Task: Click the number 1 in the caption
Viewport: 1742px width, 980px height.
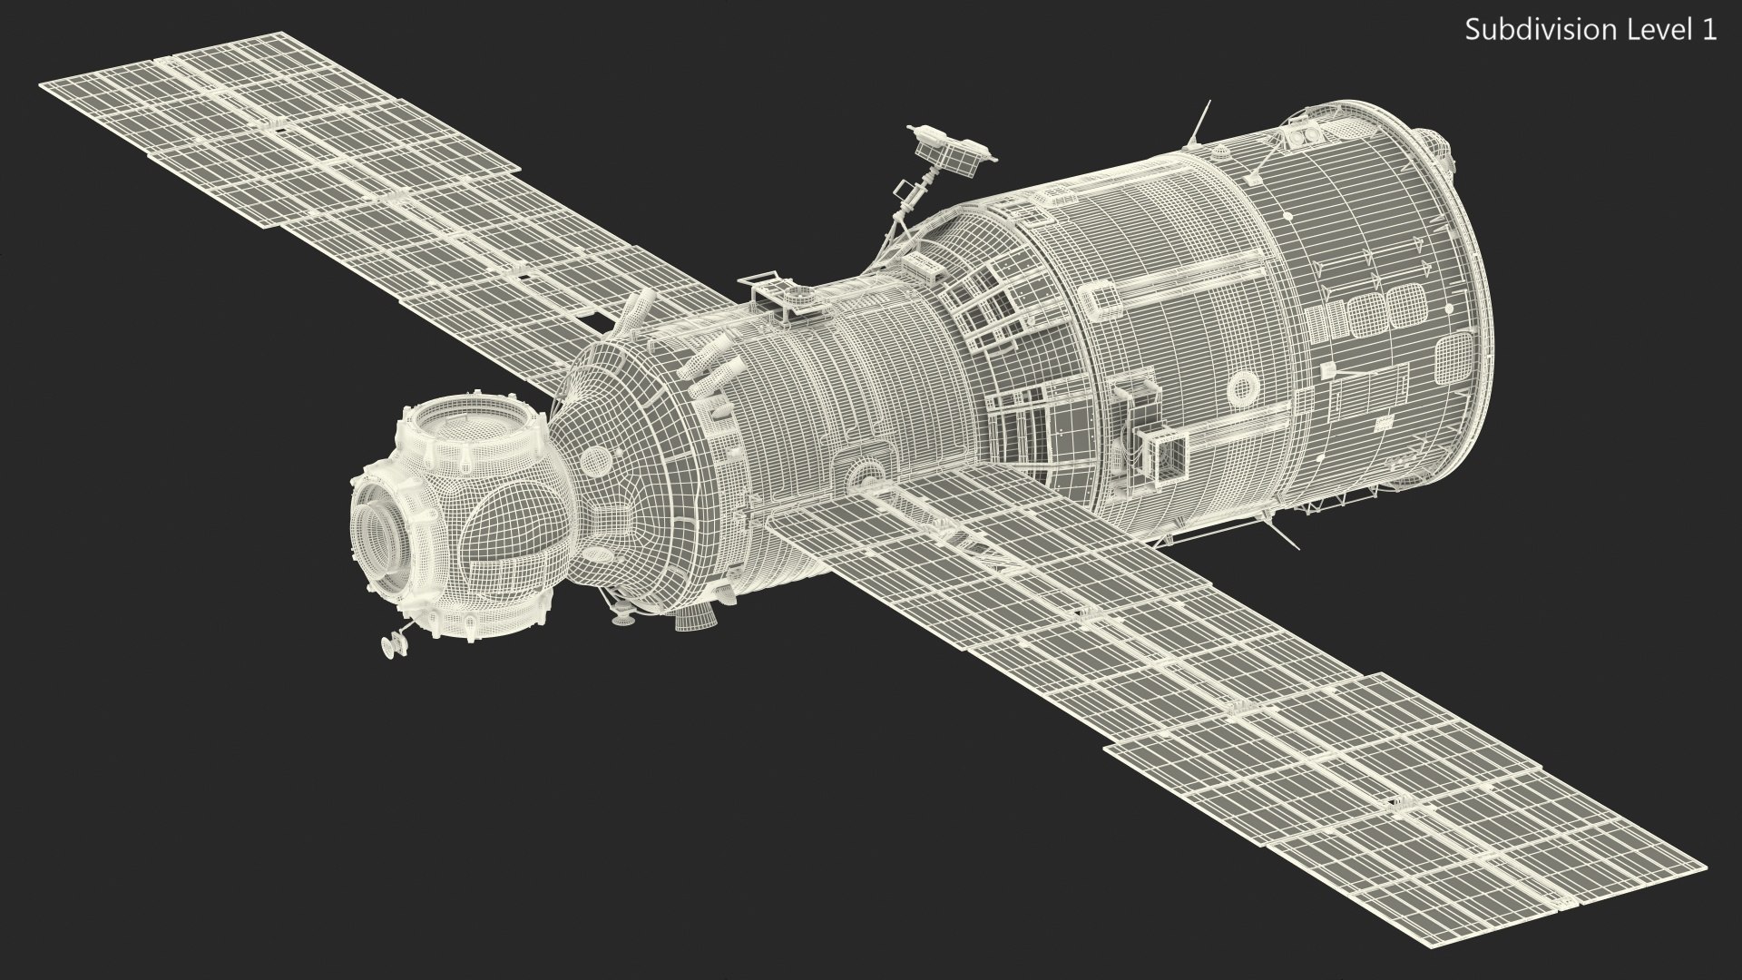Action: [1709, 30]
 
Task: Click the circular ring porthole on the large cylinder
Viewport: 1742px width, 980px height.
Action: [1240, 388]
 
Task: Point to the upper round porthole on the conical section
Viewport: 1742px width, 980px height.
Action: [593, 460]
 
